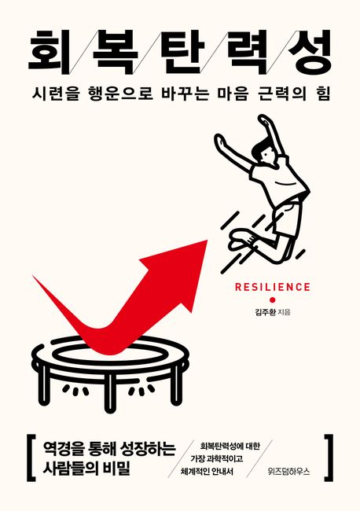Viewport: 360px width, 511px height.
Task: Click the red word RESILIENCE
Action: click(273, 287)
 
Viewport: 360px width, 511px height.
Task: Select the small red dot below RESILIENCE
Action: click(272, 300)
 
